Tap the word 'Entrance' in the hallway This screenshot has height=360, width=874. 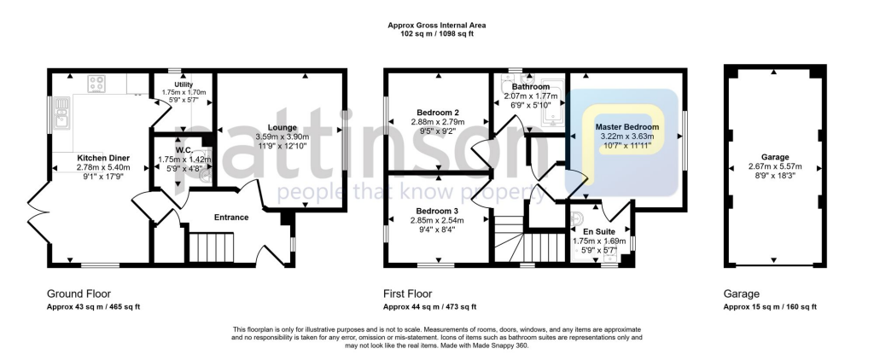[x=231, y=218]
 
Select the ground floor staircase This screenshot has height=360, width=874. [x=205, y=249]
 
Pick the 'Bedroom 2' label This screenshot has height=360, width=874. [x=439, y=113]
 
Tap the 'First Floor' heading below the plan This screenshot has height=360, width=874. [x=409, y=293]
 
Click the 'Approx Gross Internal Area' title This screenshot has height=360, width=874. [x=437, y=26]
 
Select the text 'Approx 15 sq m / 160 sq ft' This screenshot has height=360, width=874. [x=770, y=307]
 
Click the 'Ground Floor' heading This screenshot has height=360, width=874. [x=79, y=293]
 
